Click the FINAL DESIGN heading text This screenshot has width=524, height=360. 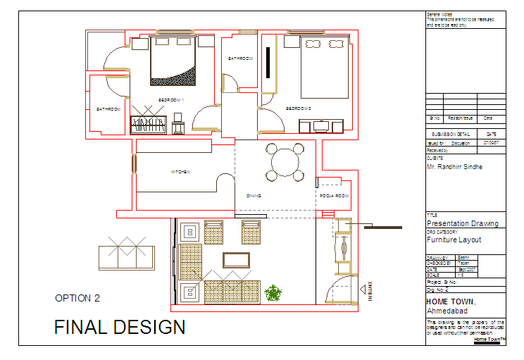coord(120,327)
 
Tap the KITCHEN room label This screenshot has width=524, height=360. coord(180,172)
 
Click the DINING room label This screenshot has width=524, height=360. coord(254,196)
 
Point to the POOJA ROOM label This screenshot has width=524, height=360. coord(334,195)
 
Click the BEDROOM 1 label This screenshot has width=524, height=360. coord(170,100)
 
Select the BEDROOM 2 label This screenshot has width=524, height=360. coord(299,108)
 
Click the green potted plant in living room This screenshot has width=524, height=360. coord(273,292)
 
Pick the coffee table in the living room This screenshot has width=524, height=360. coord(236,260)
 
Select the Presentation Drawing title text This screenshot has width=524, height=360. coord(462,223)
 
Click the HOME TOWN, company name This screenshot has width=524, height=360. coord(451,302)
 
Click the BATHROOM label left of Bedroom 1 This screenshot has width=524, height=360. coord(108,109)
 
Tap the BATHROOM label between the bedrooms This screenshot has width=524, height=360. coord(240,58)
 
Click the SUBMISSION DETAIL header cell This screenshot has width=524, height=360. coord(451,133)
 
